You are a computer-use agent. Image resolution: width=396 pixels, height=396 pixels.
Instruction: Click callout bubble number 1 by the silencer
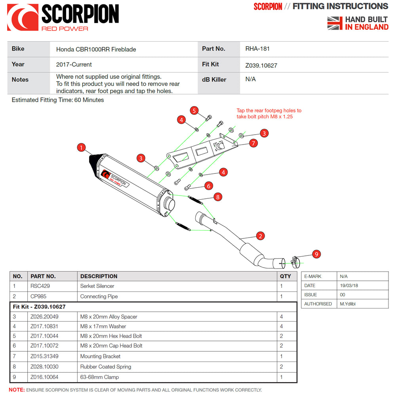pyautogui.click(x=81, y=148)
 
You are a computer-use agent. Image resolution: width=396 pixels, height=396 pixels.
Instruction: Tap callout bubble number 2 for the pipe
pyautogui.click(x=260, y=236)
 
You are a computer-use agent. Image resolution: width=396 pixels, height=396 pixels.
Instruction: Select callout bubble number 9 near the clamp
pyautogui.click(x=316, y=254)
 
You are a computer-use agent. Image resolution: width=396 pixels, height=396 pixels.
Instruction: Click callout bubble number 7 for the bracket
pyautogui.click(x=253, y=143)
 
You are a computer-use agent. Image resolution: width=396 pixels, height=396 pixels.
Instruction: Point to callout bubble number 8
pyautogui.click(x=217, y=196)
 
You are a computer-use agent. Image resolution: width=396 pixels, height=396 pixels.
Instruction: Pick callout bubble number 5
pyautogui.click(x=194, y=110)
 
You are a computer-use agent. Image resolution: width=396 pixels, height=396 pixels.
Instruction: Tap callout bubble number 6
pyautogui.click(x=209, y=185)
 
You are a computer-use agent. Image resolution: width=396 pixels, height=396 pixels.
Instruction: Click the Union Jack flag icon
pyautogui.click(x=335, y=23)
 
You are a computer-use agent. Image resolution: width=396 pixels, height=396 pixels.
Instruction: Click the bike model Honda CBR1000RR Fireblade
pyautogui.click(x=96, y=49)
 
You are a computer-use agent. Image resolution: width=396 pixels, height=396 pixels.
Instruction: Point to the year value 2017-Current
pyautogui.click(x=74, y=64)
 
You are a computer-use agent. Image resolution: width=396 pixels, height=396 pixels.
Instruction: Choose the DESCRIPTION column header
pyautogui.click(x=99, y=276)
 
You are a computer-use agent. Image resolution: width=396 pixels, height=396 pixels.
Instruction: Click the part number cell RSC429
pyautogui.click(x=40, y=286)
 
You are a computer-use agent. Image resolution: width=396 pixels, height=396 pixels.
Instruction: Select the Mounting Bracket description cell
pyautogui.click(x=100, y=356)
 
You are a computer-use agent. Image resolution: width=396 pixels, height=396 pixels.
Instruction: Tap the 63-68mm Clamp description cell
pyautogui.click(x=99, y=377)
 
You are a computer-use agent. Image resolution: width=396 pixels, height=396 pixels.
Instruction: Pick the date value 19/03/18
pyautogui.click(x=348, y=286)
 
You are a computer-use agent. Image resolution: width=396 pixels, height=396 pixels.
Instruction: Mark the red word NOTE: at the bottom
pyautogui.click(x=17, y=390)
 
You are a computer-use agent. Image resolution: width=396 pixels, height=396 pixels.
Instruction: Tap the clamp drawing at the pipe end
pyautogui.click(x=294, y=261)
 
